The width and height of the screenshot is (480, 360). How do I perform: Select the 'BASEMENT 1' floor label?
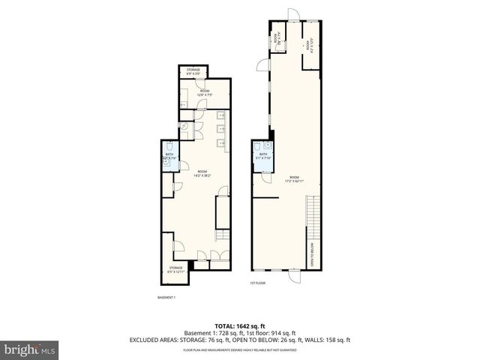coord(166,298)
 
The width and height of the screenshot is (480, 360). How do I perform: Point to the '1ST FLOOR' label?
coord(258,283)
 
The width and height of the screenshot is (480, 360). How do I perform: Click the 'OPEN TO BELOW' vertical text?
coord(312,256)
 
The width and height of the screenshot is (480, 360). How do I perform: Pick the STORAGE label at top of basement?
coord(193,71)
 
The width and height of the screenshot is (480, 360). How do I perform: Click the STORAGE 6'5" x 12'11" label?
coord(175,268)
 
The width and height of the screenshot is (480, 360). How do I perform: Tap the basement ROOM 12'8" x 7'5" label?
coord(193,93)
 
